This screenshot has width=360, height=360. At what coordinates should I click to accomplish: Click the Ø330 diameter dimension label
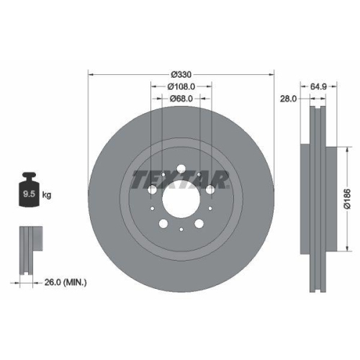pyautogui.click(x=181, y=74)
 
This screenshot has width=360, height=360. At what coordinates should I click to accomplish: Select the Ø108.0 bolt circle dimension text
pyautogui.click(x=181, y=86)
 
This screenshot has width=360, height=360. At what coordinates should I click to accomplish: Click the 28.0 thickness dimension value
pyautogui.click(x=288, y=100)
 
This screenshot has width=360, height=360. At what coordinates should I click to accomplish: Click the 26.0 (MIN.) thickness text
pyautogui.click(x=63, y=283)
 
